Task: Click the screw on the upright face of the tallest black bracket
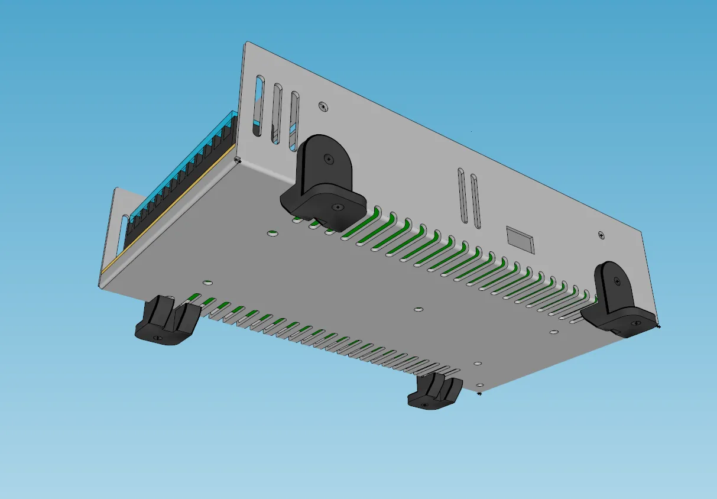pos(329,158)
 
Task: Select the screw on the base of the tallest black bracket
pos(337,208)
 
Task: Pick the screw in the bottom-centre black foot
pos(426,404)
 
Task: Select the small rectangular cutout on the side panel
pos(520,239)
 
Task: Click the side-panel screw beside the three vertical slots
pos(323,106)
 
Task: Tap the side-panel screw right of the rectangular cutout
pos(601,235)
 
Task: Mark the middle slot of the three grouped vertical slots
pos(277,114)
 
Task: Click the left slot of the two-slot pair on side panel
pos(463,196)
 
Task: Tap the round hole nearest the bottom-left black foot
pos(207,283)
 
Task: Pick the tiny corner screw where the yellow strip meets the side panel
pos(238,159)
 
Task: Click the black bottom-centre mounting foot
pos(434,393)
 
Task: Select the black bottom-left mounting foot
pos(166,322)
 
